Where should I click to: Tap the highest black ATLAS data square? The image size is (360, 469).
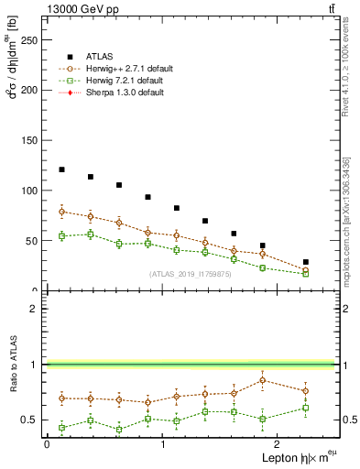[x=61, y=169]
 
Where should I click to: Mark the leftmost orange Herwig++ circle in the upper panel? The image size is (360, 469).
[x=61, y=212]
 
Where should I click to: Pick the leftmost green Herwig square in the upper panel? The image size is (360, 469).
[x=61, y=236]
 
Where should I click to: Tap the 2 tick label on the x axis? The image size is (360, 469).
[x=278, y=443]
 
